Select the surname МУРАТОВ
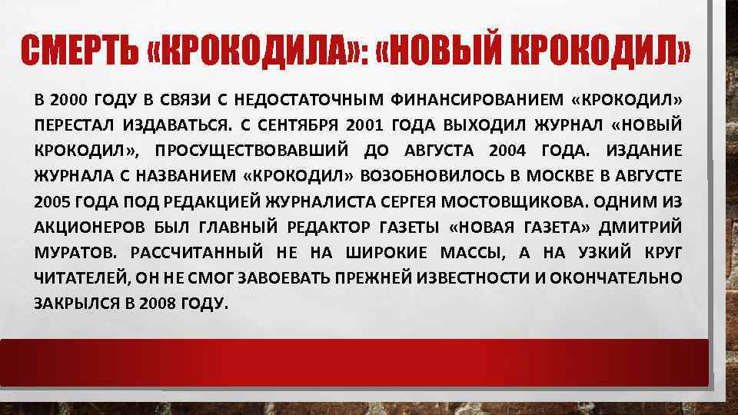coord(71,252)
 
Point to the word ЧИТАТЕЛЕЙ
coord(78,277)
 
